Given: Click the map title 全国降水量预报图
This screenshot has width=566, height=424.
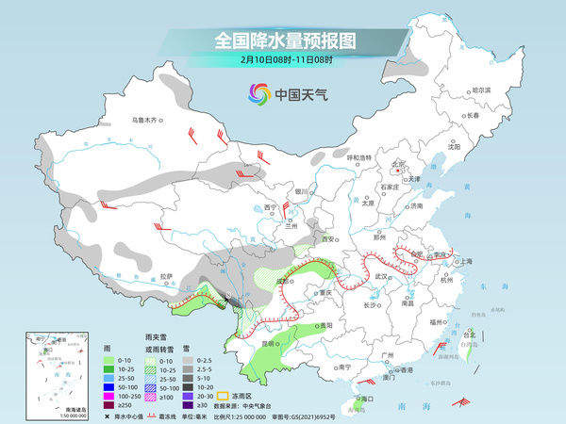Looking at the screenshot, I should (x=283, y=41).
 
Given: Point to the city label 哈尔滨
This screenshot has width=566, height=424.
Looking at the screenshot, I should (x=481, y=90).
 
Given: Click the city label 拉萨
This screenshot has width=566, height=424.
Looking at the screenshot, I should (x=167, y=276).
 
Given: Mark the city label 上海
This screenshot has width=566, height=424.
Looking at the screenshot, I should (x=463, y=261).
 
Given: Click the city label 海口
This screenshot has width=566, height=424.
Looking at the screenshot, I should (x=356, y=400).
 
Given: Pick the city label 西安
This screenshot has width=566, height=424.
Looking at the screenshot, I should (x=327, y=240).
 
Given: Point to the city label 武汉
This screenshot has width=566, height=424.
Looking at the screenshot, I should (x=382, y=276).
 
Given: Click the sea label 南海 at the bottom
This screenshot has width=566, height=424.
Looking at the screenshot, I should (x=416, y=404).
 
